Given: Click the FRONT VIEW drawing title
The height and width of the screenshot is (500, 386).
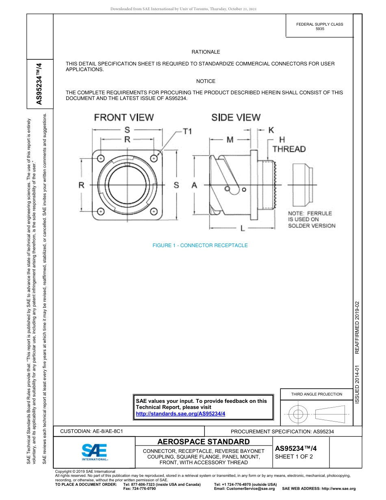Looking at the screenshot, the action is pyautogui.click(x=124, y=117).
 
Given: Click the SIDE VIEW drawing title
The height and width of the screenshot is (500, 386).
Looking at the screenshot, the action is pyautogui.click(x=236, y=117).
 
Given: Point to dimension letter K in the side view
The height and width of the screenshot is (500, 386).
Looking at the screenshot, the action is pyautogui.click(x=271, y=130).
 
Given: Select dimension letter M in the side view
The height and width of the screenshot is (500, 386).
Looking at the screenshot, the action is pyautogui.click(x=230, y=140).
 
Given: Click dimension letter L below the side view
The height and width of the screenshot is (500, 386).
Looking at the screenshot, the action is pyautogui.click(x=243, y=228).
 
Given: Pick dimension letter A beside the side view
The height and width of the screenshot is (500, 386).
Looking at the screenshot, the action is pyautogui.click(x=194, y=185).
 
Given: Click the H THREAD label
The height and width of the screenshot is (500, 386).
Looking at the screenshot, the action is pyautogui.click(x=289, y=145).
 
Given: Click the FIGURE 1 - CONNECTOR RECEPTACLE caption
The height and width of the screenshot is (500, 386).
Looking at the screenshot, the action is pyautogui.click(x=200, y=245).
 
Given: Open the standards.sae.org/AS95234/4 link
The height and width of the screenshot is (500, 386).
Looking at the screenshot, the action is pyautogui.click(x=180, y=413).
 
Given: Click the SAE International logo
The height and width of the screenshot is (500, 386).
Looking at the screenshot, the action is pyautogui.click(x=94, y=452).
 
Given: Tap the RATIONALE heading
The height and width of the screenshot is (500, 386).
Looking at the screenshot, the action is pyautogui.click(x=206, y=52).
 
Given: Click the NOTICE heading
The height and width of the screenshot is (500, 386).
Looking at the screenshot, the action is pyautogui.click(x=206, y=81).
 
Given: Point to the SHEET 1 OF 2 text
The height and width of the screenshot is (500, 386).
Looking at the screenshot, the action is pyautogui.click(x=294, y=456).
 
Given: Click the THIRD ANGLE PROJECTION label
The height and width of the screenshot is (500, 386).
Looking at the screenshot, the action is pyautogui.click(x=317, y=394).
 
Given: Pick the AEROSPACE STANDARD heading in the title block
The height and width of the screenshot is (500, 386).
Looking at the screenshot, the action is pyautogui.click(x=204, y=442).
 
